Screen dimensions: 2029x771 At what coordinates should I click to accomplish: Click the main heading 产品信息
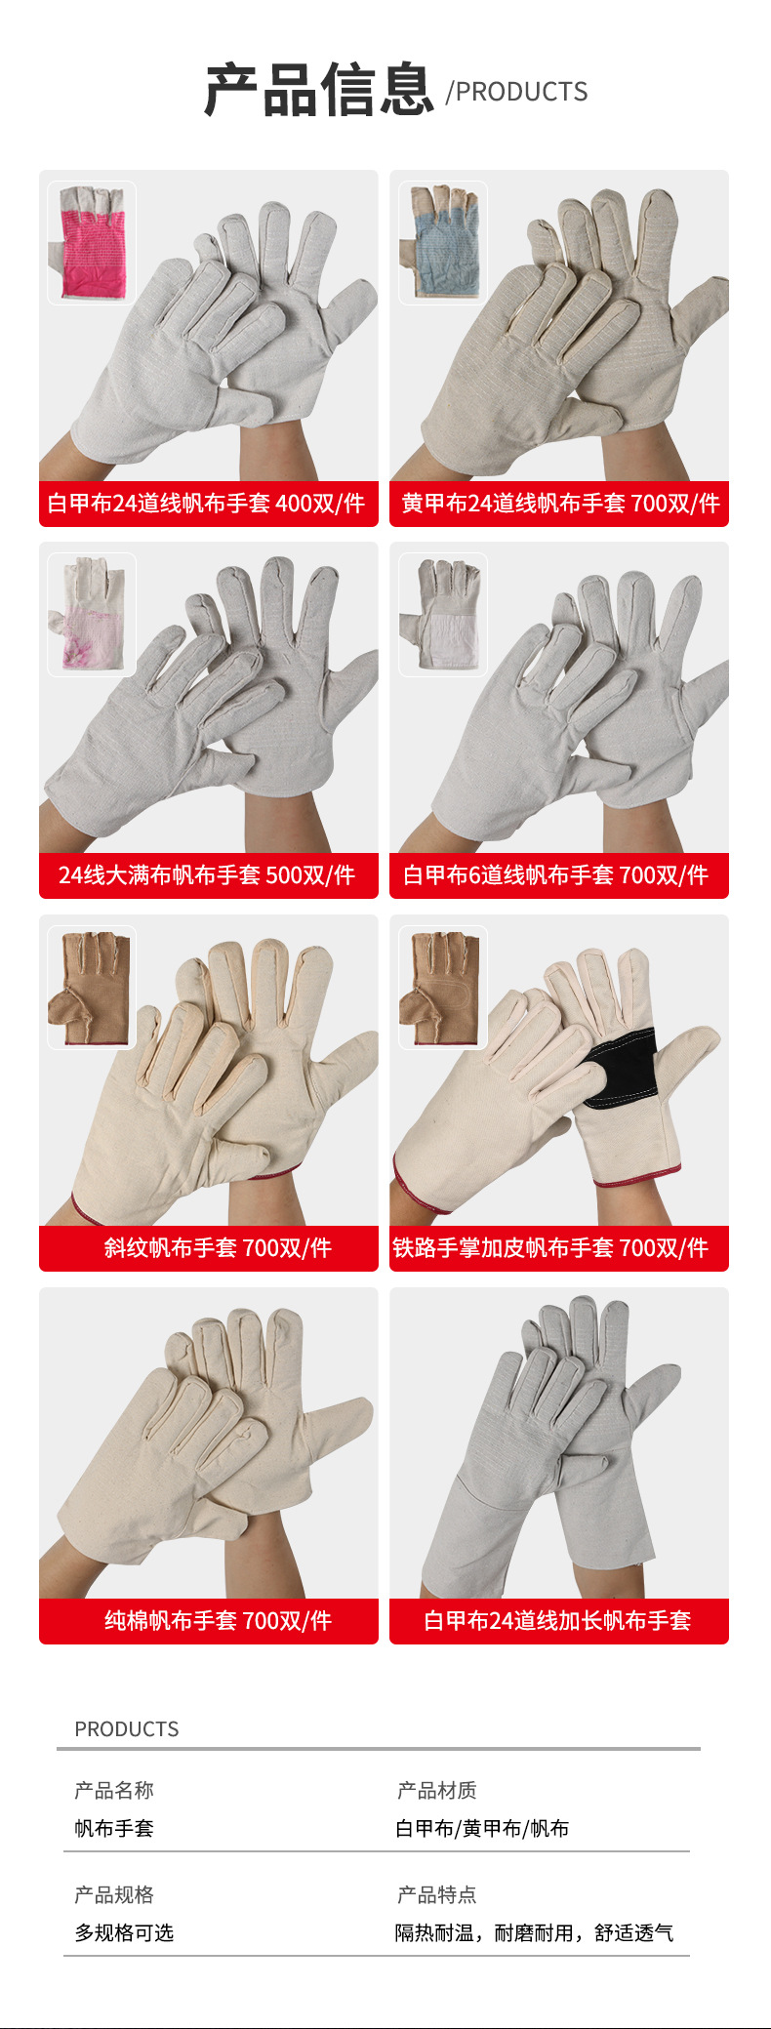coord(318,90)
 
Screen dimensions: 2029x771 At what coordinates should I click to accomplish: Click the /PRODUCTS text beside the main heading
coord(516,92)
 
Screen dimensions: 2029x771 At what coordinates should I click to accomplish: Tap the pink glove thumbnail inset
coord(92,243)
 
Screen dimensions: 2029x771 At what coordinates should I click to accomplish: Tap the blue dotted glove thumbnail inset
coord(443,243)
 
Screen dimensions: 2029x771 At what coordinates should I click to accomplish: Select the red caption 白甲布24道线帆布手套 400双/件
coord(207,504)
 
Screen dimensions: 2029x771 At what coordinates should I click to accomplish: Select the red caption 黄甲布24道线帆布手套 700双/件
coord(559,504)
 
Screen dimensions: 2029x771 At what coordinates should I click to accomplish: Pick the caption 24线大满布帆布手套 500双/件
coord(207,875)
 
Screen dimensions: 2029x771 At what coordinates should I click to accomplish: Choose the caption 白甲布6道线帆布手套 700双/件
coord(556,875)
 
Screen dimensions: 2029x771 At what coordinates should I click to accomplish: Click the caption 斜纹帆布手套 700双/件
coord(218,1248)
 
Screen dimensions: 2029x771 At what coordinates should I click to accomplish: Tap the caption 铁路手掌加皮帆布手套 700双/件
coord(550,1248)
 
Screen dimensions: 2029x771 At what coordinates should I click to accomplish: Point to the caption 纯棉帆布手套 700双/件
coord(218,1621)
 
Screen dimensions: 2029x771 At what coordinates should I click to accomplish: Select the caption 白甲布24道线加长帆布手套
coord(557,1621)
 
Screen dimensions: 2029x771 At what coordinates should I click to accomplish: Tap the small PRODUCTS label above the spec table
coord(127,1729)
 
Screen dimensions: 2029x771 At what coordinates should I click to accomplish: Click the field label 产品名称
coord(114,1790)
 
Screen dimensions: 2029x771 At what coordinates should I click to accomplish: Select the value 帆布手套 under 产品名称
coord(114,1828)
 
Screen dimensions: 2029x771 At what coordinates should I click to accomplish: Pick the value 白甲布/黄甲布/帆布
coord(482,1828)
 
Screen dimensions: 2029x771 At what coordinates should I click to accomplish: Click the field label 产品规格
coord(114,1894)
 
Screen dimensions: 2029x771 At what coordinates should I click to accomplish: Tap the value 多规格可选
coord(124,1932)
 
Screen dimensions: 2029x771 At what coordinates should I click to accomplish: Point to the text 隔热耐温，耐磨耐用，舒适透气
coord(534,1932)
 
